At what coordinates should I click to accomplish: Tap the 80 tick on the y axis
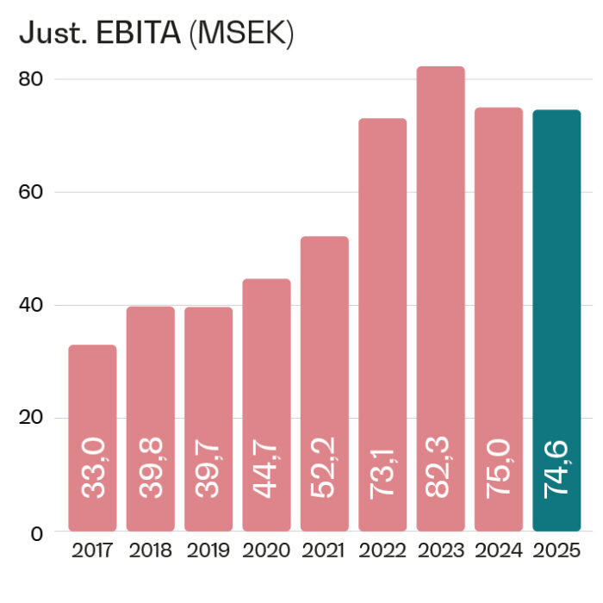31,79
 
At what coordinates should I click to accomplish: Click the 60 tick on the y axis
31,192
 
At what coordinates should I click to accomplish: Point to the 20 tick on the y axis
31,419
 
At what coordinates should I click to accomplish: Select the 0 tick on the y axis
37,532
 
